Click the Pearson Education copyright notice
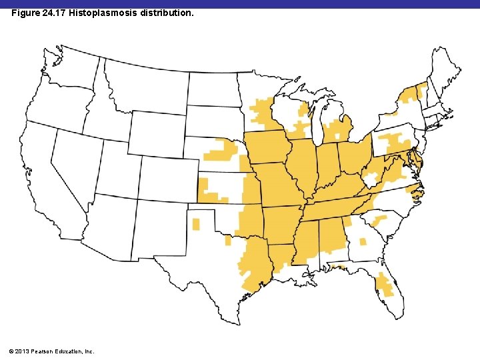[x=53, y=351]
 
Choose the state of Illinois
[x=301, y=167]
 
